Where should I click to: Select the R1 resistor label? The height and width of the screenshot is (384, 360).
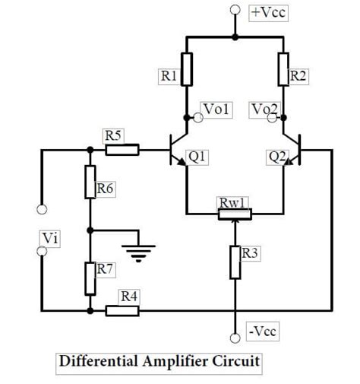[x=168, y=75]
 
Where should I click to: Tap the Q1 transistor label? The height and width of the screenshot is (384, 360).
[x=197, y=157]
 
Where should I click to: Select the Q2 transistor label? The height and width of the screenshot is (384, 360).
[x=277, y=157]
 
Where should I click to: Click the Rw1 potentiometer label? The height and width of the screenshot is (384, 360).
[x=230, y=202]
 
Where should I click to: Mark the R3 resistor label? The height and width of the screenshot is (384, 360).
[x=250, y=254]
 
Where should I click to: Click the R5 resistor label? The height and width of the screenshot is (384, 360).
[x=113, y=135]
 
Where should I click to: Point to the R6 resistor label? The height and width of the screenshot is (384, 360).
[x=105, y=188]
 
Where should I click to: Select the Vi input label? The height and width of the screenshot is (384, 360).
[x=50, y=239]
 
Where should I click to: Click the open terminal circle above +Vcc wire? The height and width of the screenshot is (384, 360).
[x=235, y=11]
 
